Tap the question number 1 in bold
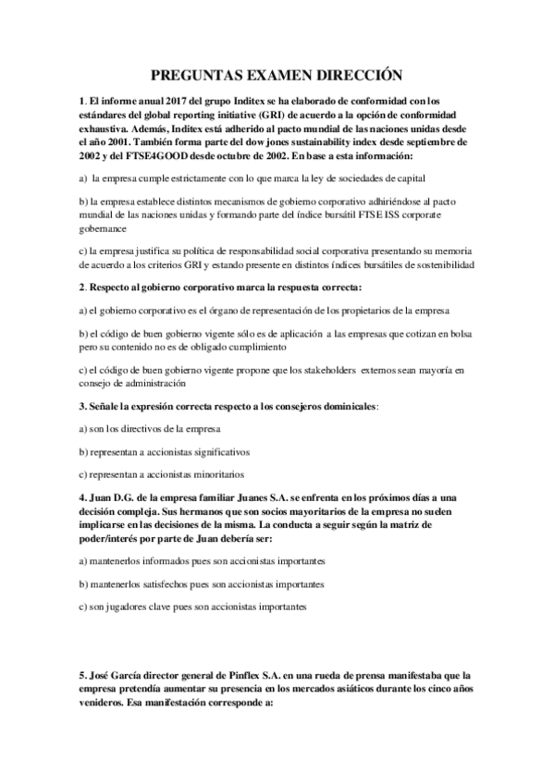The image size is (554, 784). click(82, 101)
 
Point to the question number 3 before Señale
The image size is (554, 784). click(82, 405)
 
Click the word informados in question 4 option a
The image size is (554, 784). click(166, 560)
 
